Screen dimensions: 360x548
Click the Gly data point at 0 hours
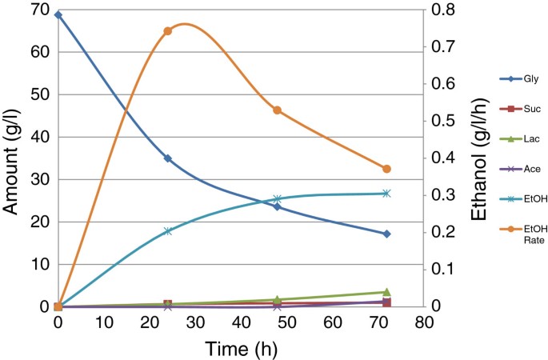pyautogui.click(x=58, y=14)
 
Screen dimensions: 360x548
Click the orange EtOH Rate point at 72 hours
pyautogui.click(x=386, y=169)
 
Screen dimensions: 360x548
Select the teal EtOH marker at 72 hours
pyautogui.click(x=386, y=194)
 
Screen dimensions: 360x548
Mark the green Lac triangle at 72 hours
pyautogui.click(x=386, y=292)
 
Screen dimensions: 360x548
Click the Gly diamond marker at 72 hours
pyautogui.click(x=386, y=234)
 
